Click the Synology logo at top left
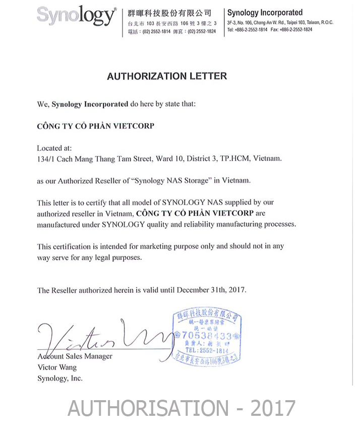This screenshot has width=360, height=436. pos(76,16)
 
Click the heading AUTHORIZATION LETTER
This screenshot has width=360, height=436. pos(167,76)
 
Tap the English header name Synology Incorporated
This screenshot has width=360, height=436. pos(265,13)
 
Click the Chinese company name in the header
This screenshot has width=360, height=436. pos(169,13)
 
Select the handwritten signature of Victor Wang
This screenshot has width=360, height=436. pos(101,337)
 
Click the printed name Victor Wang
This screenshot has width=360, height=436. pos(57,367)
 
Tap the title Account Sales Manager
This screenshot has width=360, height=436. pos(75,356)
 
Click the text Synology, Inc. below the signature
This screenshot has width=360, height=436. pos(59,378)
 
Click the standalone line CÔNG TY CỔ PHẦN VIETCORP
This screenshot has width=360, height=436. pos(95,126)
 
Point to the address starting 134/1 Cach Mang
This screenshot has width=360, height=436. pos(159,158)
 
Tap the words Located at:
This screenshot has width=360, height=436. pos(54,148)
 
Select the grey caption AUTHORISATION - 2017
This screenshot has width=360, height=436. pos(181,407)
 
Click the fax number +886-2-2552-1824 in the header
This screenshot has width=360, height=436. pos(294,30)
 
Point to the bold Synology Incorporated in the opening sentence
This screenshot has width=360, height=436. pos(90,104)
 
